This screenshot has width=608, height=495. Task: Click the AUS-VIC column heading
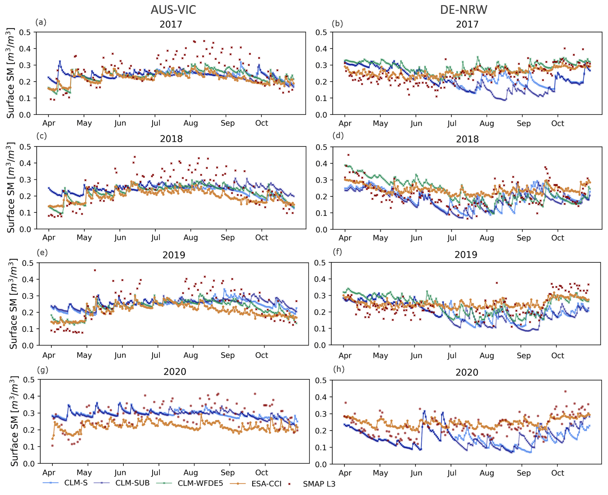173,9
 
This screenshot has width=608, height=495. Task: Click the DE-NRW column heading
463,9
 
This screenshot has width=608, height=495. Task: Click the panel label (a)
41,22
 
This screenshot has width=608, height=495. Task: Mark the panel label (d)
338,136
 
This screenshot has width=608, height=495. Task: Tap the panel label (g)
43,370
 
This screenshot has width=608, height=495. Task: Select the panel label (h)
339,369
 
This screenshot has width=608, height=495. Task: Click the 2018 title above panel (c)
171,139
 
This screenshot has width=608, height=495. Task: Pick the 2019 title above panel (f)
466,254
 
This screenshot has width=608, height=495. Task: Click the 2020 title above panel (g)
175,371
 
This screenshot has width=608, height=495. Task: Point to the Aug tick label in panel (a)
190,123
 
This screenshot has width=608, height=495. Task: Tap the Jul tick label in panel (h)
451,473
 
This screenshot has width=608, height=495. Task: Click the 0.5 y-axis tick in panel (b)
321,32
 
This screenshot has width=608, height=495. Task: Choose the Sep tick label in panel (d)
524,238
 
